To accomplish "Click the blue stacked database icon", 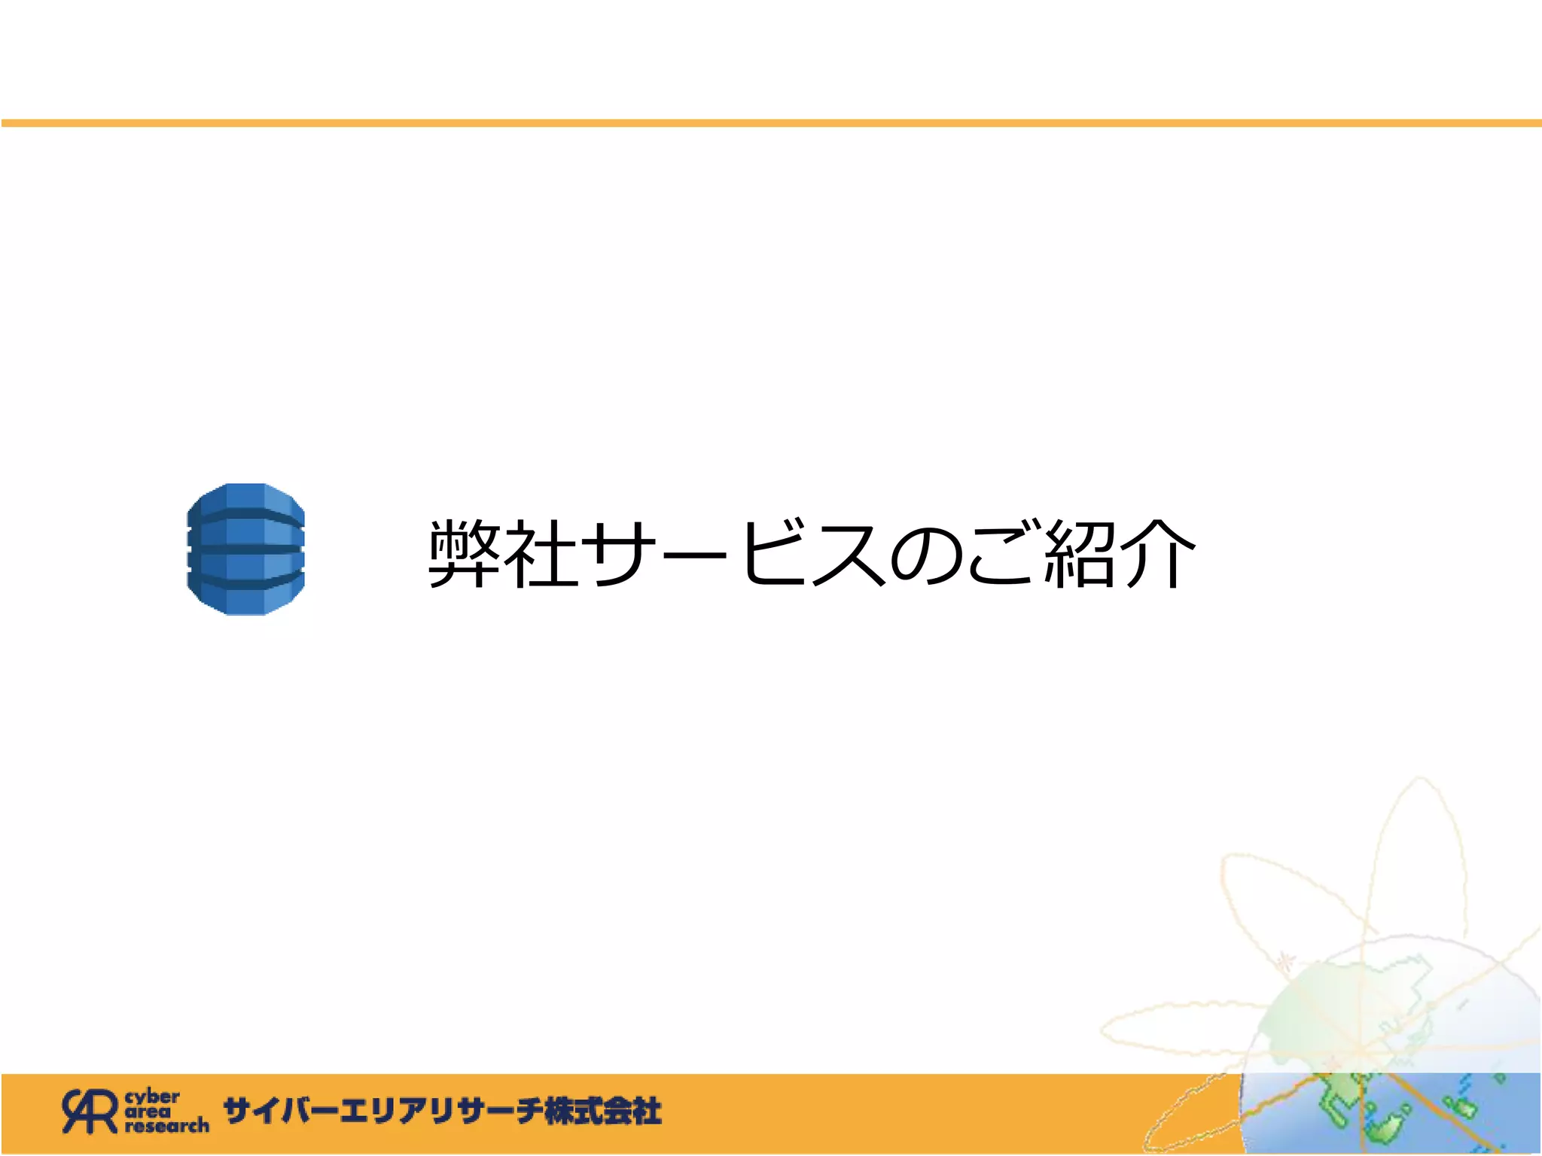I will [245, 549].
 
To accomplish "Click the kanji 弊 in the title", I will [465, 554].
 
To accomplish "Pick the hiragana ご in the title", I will [1001, 554].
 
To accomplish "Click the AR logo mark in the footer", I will [90, 1111].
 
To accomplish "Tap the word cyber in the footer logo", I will [153, 1097].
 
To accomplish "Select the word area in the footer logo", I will [148, 1111].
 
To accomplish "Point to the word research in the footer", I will [167, 1126].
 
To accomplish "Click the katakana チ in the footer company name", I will [527, 1112].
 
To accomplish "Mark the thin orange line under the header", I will [771, 123].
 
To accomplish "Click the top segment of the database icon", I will [245, 499].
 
